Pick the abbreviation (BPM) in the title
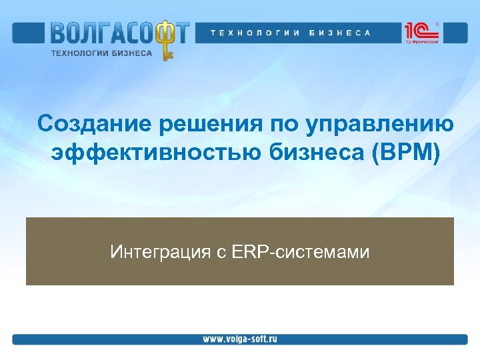pyautogui.click(x=406, y=153)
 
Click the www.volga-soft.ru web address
pyautogui.click(x=240, y=339)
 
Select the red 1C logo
pyautogui.click(x=415, y=31)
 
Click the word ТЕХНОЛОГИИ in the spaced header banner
pyautogui.click(x=254, y=33)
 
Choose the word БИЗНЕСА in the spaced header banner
pyautogui.click(x=339, y=33)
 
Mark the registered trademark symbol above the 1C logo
pyautogui.click(x=437, y=23)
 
